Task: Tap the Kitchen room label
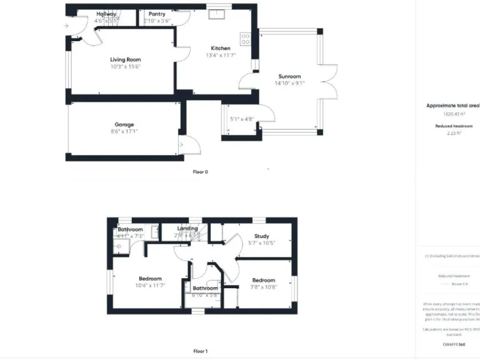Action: click(221, 48)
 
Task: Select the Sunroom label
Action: click(290, 76)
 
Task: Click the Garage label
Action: click(124, 125)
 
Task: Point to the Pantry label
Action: click(157, 14)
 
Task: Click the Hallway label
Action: click(106, 14)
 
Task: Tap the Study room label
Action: click(261, 236)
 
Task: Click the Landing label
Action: click(187, 229)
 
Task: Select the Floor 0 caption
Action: click(200, 171)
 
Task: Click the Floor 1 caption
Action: click(200, 351)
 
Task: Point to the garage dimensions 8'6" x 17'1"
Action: click(124, 132)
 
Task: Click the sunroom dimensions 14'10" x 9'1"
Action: click(290, 83)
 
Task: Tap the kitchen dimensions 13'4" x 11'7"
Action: click(221, 55)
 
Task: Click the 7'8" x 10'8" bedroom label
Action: click(264, 287)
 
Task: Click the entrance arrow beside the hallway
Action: click(66, 26)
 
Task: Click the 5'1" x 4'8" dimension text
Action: click(241, 119)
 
